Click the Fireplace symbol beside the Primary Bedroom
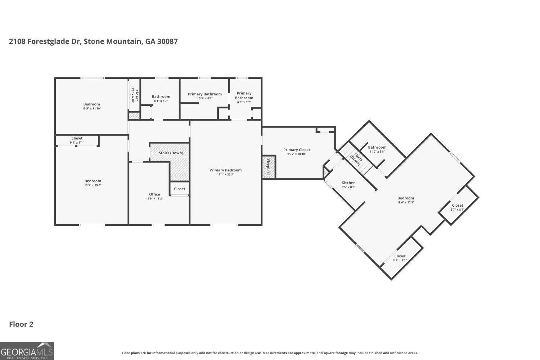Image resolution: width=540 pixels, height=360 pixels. [269, 167]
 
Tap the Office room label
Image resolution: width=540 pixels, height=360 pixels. [154, 194]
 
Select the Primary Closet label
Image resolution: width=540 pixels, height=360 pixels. [297, 150]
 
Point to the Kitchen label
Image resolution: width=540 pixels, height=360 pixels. [348, 183]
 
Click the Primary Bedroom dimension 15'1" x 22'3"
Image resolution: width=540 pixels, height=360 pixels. [226, 175]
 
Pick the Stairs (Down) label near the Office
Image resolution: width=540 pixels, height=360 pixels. [171, 153]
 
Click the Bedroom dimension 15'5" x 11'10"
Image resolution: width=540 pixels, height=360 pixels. [91, 108]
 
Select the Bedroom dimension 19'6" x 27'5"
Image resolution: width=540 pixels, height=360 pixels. [406, 202]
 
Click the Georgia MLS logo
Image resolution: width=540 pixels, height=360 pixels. [27, 351]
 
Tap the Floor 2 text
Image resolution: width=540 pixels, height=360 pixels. [21, 324]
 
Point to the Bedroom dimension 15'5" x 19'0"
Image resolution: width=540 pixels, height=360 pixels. [93, 185]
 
